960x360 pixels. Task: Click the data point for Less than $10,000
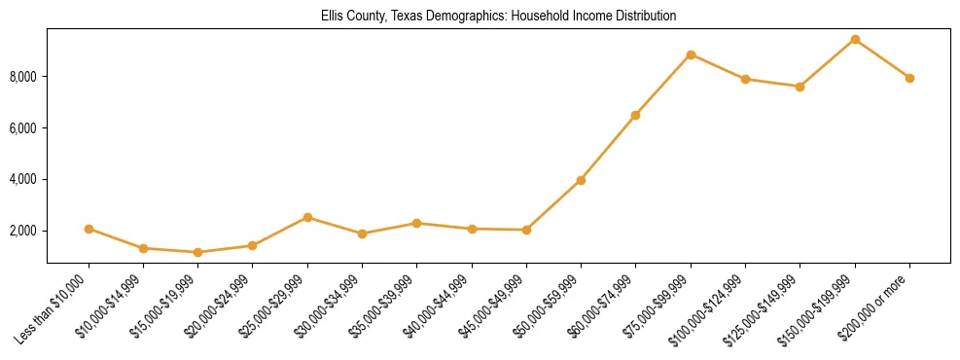[89, 229]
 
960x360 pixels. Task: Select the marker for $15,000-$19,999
[198, 252]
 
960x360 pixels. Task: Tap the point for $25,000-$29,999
[307, 217]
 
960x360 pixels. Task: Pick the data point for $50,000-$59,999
[581, 180]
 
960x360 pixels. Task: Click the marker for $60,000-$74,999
[635, 115]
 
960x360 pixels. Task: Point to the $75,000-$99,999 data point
[691, 54]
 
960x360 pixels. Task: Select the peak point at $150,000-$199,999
[855, 39]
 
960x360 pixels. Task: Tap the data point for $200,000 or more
[909, 78]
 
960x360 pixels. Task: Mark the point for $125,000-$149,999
[800, 87]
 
